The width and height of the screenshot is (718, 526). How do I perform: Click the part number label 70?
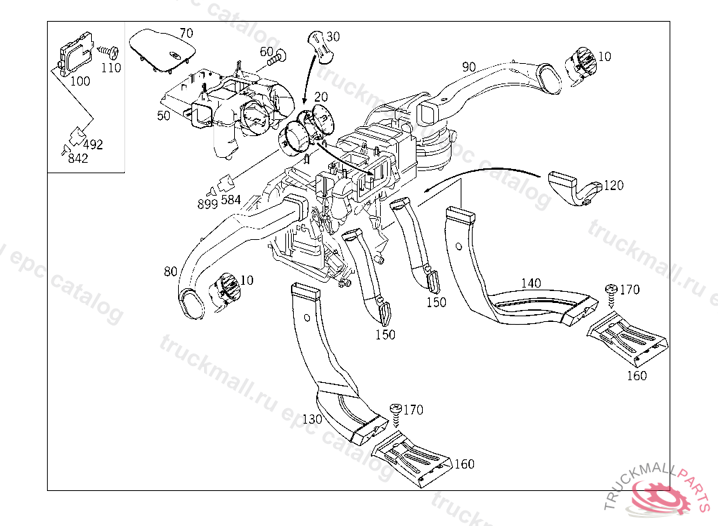(186, 33)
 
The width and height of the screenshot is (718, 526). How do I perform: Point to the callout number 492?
(93, 144)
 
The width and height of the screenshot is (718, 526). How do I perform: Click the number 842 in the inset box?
(78, 159)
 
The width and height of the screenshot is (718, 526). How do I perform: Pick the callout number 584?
(231, 199)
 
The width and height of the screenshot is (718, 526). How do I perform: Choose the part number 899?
(208, 204)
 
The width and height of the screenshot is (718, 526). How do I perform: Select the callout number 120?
(613, 185)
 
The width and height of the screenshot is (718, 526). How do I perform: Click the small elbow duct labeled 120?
(571, 188)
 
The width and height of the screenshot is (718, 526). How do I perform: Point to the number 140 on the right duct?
(531, 283)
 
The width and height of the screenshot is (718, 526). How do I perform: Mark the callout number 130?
(312, 419)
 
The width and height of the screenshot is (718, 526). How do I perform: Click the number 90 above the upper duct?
(469, 67)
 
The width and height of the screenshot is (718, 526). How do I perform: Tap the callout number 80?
(170, 270)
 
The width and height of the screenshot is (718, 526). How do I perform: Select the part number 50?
(163, 115)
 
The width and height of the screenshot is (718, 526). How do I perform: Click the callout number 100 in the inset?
(80, 81)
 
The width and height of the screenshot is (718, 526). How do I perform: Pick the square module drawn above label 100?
(75, 52)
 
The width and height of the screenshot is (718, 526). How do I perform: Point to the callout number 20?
(321, 96)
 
